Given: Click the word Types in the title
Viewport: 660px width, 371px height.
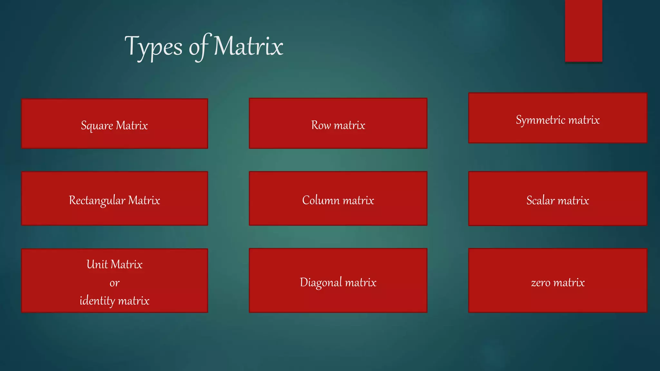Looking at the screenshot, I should [x=153, y=47].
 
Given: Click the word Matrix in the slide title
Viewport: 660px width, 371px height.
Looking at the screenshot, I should [x=248, y=46].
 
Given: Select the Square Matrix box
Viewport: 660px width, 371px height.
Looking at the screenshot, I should [x=114, y=124].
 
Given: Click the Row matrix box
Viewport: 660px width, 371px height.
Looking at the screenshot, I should [x=338, y=123].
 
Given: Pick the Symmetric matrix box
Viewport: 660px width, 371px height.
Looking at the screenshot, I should [x=558, y=118].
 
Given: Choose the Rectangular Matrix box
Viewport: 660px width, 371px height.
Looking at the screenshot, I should [x=114, y=198].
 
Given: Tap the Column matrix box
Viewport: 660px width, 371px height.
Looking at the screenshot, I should [x=338, y=198].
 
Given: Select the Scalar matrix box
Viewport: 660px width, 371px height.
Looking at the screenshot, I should [x=558, y=199].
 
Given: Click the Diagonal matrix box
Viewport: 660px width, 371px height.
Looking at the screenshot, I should [x=338, y=280].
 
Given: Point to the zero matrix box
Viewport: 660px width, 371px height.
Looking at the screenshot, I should [x=558, y=280].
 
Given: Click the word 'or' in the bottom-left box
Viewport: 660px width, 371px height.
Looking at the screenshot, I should [x=114, y=283].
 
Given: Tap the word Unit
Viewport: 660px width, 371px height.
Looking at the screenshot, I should [x=97, y=264].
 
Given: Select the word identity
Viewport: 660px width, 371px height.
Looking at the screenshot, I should [x=97, y=301].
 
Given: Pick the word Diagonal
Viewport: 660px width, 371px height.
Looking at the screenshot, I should [x=321, y=282].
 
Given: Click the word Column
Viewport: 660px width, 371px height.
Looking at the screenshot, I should [x=321, y=200].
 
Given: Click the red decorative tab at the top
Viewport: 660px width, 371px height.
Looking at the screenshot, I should [x=583, y=31].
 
